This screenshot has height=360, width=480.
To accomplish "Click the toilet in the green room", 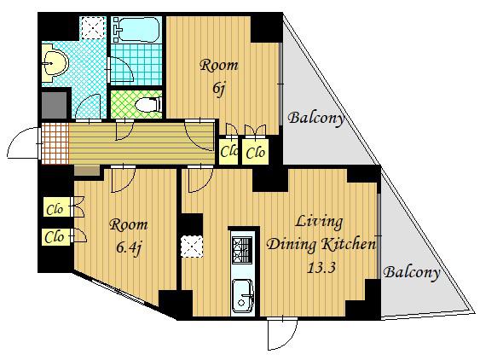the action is click(148, 104).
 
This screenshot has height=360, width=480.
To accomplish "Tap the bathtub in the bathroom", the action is click(139, 30).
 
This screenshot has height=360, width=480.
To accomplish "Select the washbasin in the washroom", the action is click(55, 63).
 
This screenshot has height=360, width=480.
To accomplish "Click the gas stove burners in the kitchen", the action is click(242, 250).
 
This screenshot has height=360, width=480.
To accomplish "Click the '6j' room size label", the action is click(219, 89).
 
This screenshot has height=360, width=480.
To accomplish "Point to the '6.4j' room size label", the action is click(129, 247).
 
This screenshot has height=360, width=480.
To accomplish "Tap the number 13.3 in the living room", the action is click(321, 268).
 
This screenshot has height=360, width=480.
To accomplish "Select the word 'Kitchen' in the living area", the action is click(349, 244).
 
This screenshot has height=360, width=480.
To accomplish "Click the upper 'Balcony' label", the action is click(316, 119).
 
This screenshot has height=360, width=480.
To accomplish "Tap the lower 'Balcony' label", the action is click(412, 272).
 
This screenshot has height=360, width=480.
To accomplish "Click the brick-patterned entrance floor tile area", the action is click(55, 143).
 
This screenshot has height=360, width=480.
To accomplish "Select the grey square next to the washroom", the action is click(54, 105).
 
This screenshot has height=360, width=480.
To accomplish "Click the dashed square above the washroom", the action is click(94, 28).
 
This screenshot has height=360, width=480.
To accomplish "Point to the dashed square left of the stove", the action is click(192, 247).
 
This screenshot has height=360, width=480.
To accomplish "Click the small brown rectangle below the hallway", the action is click(87, 171).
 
